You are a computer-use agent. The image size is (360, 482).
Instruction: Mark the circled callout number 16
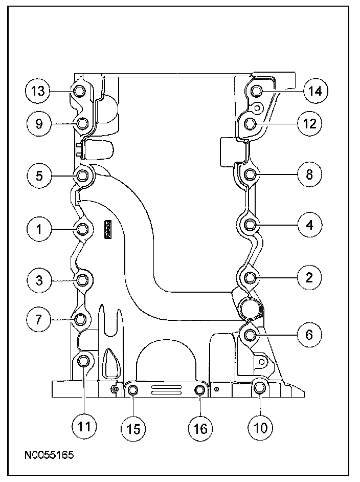point(200,427)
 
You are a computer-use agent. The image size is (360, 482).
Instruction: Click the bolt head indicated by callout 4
point(250,225)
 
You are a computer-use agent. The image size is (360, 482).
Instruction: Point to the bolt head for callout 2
point(250,278)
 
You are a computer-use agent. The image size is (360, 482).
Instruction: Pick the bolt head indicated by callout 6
point(250,335)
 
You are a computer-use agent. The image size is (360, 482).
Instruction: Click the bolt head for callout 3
point(82,279)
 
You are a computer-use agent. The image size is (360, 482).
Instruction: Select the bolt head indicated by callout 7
point(80,320)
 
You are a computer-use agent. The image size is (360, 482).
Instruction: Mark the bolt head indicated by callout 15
point(132,391)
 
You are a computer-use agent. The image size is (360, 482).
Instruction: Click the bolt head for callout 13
point(78,92)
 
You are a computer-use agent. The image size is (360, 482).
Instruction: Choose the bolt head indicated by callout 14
point(257,91)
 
